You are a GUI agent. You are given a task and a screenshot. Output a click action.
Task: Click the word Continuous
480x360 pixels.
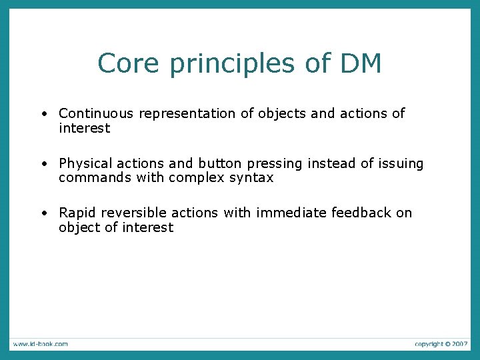96,114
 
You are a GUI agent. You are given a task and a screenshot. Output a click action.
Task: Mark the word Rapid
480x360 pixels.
77,213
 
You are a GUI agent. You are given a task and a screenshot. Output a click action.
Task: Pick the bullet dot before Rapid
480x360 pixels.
43,213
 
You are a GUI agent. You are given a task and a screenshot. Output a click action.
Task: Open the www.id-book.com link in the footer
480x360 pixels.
39,344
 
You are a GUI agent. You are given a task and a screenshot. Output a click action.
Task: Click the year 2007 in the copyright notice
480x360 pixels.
459,344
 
